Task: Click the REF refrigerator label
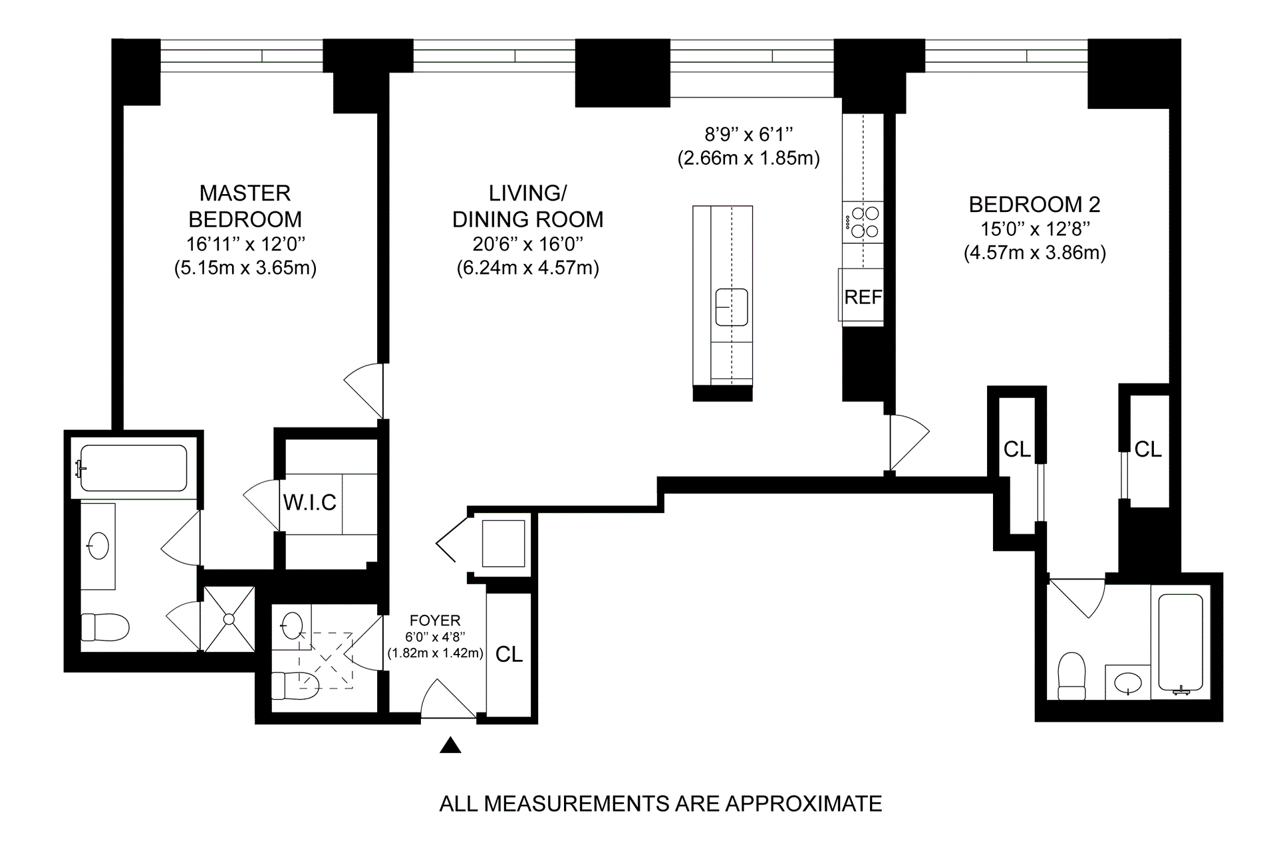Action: tap(863, 296)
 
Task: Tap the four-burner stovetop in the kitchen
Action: tap(863, 223)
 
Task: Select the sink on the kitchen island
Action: tap(732, 307)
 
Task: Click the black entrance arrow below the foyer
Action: tap(450, 745)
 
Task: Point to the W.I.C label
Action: tap(310, 502)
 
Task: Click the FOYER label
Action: tap(435, 620)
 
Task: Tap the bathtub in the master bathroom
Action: tap(133, 468)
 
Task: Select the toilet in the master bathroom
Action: tap(105, 627)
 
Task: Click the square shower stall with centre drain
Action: tap(229, 619)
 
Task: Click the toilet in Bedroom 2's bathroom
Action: tap(1071, 675)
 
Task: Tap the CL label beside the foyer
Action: tap(509, 655)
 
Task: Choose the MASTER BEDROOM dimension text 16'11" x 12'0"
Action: tap(245, 244)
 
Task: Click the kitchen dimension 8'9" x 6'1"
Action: tap(749, 135)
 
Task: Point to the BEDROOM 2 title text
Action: tap(1034, 204)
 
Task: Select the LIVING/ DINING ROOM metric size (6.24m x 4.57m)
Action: tap(528, 268)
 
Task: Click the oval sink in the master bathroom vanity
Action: tap(98, 546)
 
